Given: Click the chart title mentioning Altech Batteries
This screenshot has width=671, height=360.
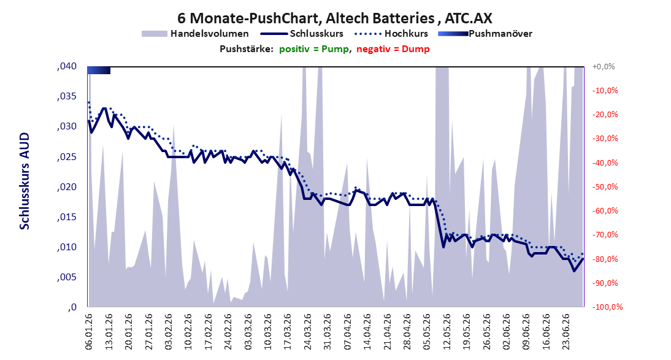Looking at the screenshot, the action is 335,18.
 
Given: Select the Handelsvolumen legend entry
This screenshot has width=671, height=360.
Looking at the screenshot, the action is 195,33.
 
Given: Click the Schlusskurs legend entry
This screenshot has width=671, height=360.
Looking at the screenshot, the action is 302,33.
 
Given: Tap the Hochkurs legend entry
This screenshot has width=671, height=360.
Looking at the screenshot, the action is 391,33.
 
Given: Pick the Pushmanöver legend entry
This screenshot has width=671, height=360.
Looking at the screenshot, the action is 485,33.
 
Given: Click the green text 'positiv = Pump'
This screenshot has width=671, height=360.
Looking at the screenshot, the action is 314,49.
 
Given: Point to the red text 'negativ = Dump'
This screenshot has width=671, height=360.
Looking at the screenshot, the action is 393,49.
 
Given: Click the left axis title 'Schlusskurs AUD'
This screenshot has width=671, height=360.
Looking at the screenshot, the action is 25,181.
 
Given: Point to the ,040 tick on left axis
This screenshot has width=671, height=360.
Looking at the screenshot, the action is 67,66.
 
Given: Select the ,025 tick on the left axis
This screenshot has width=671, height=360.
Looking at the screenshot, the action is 67,156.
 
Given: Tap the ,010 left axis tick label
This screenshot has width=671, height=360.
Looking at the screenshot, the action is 67,247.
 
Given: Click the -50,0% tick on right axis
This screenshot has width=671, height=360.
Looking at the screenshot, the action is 605,186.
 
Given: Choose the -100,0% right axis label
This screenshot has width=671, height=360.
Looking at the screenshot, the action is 607,307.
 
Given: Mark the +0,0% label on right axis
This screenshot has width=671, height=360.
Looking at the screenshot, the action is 604,66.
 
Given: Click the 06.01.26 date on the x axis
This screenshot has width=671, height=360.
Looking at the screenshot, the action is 89,332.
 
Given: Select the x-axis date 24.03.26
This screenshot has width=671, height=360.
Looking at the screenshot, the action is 308,332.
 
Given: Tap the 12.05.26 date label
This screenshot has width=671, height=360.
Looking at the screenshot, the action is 447,332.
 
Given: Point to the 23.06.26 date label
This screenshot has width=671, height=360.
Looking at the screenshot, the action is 566,332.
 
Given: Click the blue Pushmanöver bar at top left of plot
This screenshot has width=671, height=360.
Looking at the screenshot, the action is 99,70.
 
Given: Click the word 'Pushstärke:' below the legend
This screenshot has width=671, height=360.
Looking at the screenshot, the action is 247,49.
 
